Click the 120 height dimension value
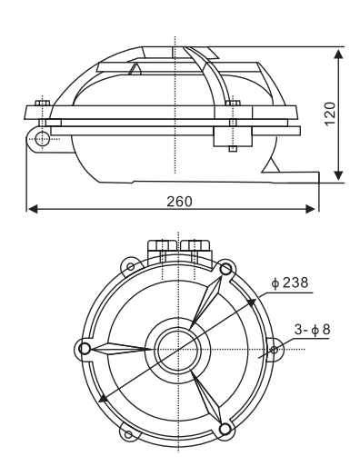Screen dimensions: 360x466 coord(330,114)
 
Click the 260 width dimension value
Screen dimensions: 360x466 coord(180,202)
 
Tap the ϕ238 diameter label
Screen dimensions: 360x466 coord(290,283)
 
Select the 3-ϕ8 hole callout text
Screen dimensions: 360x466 coord(312,330)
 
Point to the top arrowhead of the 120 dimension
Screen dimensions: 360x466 coord(338,54)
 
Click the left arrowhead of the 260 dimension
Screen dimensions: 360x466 coord(33,209)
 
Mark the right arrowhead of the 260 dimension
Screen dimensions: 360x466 coord(310,209)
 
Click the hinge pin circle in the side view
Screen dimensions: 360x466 coord(42,139)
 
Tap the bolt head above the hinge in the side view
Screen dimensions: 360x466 coord(42,103)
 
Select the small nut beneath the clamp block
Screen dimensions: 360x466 coord(233,149)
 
